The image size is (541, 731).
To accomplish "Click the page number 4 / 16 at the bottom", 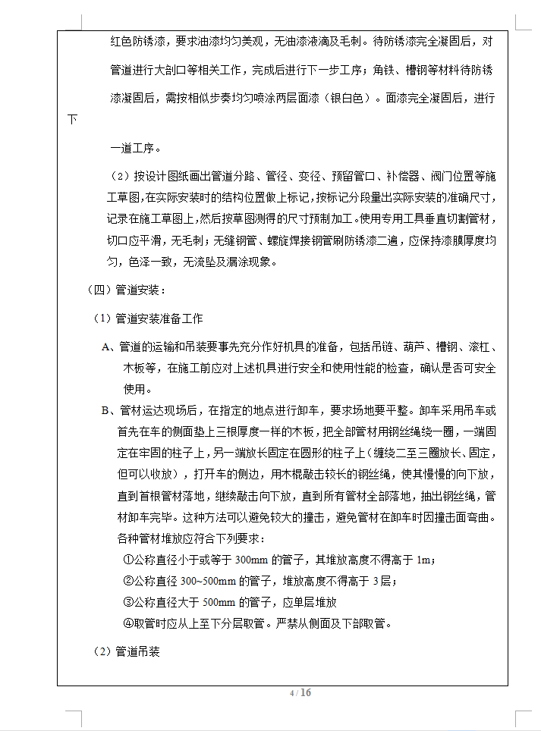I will point(300,693).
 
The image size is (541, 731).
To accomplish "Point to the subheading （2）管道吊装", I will point(126,651).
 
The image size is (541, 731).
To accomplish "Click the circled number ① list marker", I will point(127,560).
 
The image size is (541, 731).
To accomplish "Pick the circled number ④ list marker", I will point(127,623).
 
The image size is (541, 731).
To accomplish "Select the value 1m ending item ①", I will point(425,560).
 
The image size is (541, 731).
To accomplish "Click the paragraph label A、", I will point(109,347).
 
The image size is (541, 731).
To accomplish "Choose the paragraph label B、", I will point(109,411).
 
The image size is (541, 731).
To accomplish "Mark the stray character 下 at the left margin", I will point(73,120).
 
